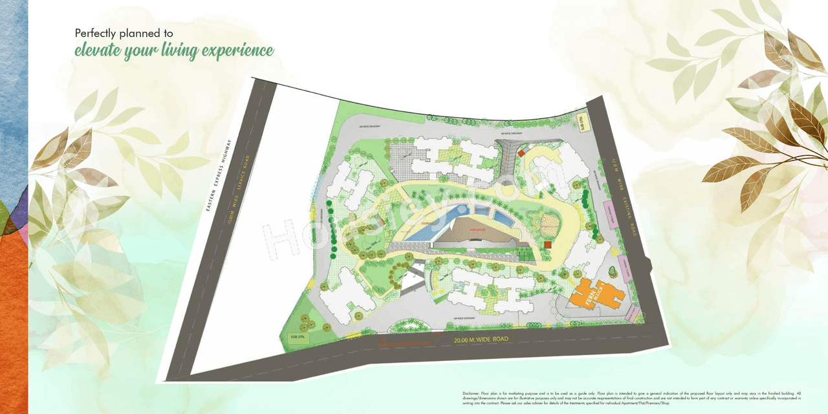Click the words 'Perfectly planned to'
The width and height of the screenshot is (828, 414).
tap(124, 32)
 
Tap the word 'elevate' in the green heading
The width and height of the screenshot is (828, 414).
tap(98, 50)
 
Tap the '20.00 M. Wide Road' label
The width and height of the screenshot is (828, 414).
tap(481, 339)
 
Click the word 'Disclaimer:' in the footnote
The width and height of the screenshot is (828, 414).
tap(471, 393)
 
